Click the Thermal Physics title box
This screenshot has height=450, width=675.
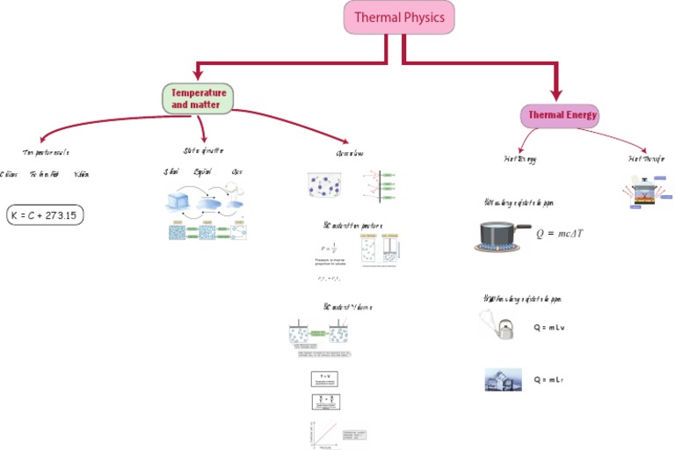(x=399, y=18)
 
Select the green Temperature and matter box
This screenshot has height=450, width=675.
(x=198, y=98)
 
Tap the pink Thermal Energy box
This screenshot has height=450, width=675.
(x=560, y=114)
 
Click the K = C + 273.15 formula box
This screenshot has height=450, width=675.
(x=45, y=214)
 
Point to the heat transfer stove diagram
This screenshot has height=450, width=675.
(x=648, y=193)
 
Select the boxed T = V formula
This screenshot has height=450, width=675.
(x=324, y=379)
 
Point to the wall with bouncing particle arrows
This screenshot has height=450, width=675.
(x=379, y=185)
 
